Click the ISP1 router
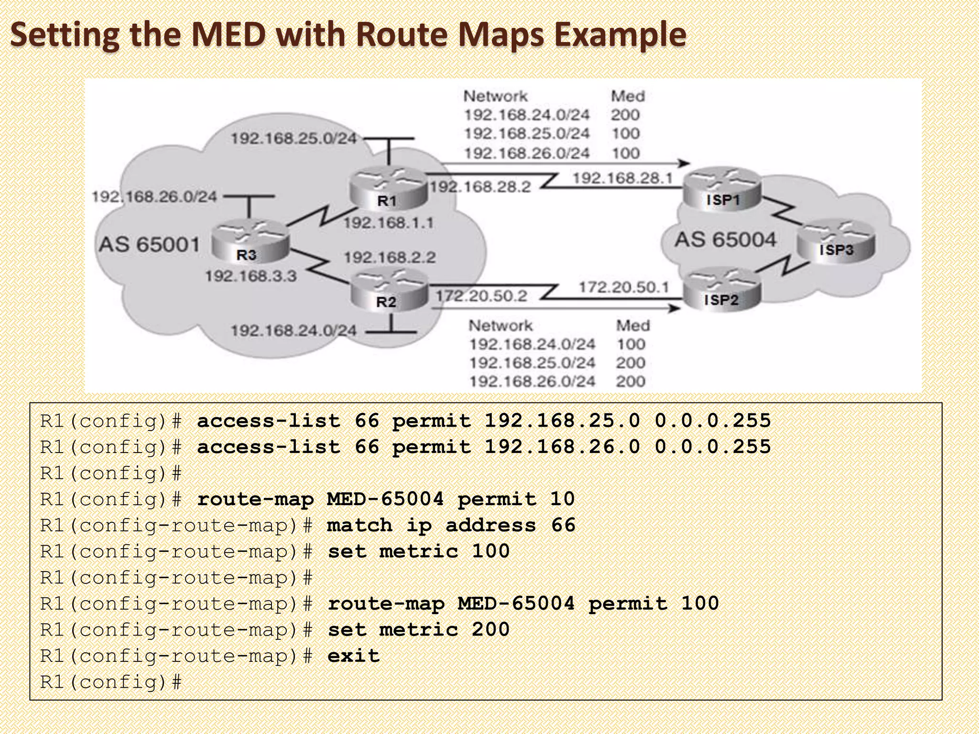pyautogui.click(x=722, y=189)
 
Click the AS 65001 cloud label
pyautogui.click(x=149, y=245)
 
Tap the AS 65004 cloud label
pyautogui.click(x=725, y=239)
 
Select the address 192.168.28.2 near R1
pyautogui.click(x=480, y=187)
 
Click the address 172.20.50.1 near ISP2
pyautogui.click(x=624, y=287)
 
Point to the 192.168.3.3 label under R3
pyautogui.click(x=251, y=276)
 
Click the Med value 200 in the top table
pyautogui.click(x=625, y=115)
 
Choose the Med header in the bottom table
pyautogui.click(x=633, y=326)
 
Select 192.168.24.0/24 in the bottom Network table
pyautogui.click(x=532, y=345)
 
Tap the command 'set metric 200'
pyautogui.click(x=418, y=630)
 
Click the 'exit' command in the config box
pyautogui.click(x=353, y=656)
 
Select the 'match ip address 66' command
pyautogui.click(x=451, y=526)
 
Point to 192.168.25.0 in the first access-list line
pyautogui.click(x=562, y=421)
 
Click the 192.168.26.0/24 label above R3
pyautogui.click(x=154, y=196)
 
